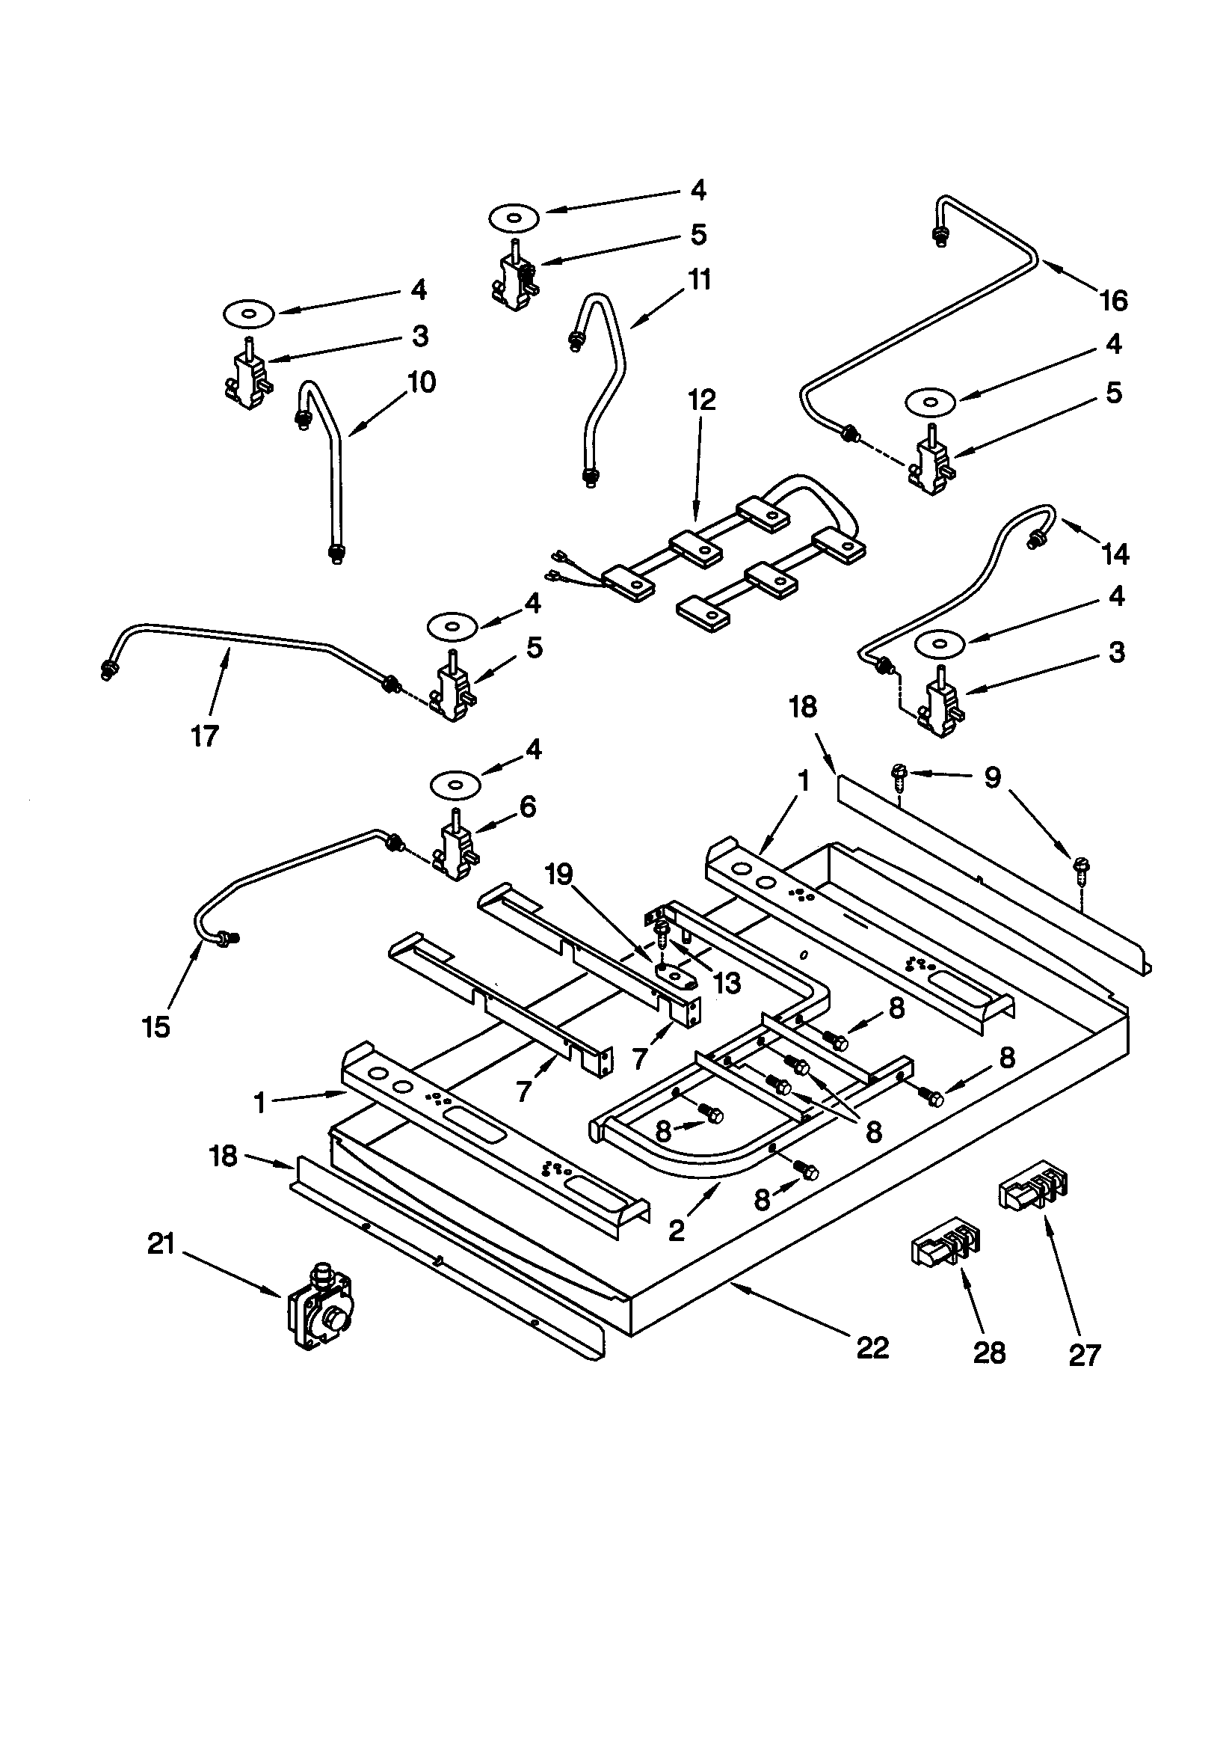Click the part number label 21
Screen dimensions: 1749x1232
click(161, 1244)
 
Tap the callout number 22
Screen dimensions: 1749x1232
click(872, 1347)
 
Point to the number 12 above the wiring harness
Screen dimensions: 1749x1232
click(702, 399)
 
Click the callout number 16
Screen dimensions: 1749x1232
click(1113, 301)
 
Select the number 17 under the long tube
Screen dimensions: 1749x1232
click(204, 736)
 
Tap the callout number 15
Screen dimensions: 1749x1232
click(155, 1027)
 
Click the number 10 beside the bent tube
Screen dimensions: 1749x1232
click(421, 382)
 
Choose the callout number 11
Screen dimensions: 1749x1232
click(698, 280)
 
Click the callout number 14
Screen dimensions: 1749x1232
click(1115, 554)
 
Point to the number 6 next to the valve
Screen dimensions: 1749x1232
click(528, 806)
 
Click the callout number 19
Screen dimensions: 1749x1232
click(560, 874)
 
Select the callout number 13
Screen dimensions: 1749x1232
click(727, 984)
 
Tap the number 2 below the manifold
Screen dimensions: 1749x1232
click(676, 1231)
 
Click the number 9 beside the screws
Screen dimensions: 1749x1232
click(991, 779)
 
